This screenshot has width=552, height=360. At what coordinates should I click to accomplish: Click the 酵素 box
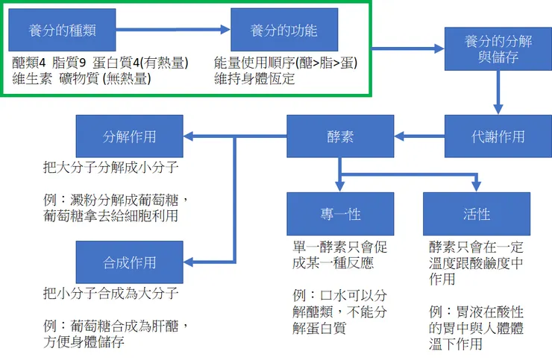coord(340,136)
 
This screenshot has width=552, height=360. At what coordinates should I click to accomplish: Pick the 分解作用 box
coord(130,136)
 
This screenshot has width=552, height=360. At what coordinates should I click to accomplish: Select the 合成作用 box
coord(130,262)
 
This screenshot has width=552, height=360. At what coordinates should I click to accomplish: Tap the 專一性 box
coord(340,214)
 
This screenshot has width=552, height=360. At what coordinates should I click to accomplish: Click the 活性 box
coord(477,214)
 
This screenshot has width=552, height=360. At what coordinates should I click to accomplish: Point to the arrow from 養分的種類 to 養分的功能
coord(173,31)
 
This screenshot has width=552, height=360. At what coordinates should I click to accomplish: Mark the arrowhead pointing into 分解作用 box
coord(191,136)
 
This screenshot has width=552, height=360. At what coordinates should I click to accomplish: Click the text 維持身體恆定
coord(254,78)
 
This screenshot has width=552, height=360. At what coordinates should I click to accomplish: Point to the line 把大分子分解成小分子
coord(110,168)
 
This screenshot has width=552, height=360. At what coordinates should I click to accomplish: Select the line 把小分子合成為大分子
coord(110,294)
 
